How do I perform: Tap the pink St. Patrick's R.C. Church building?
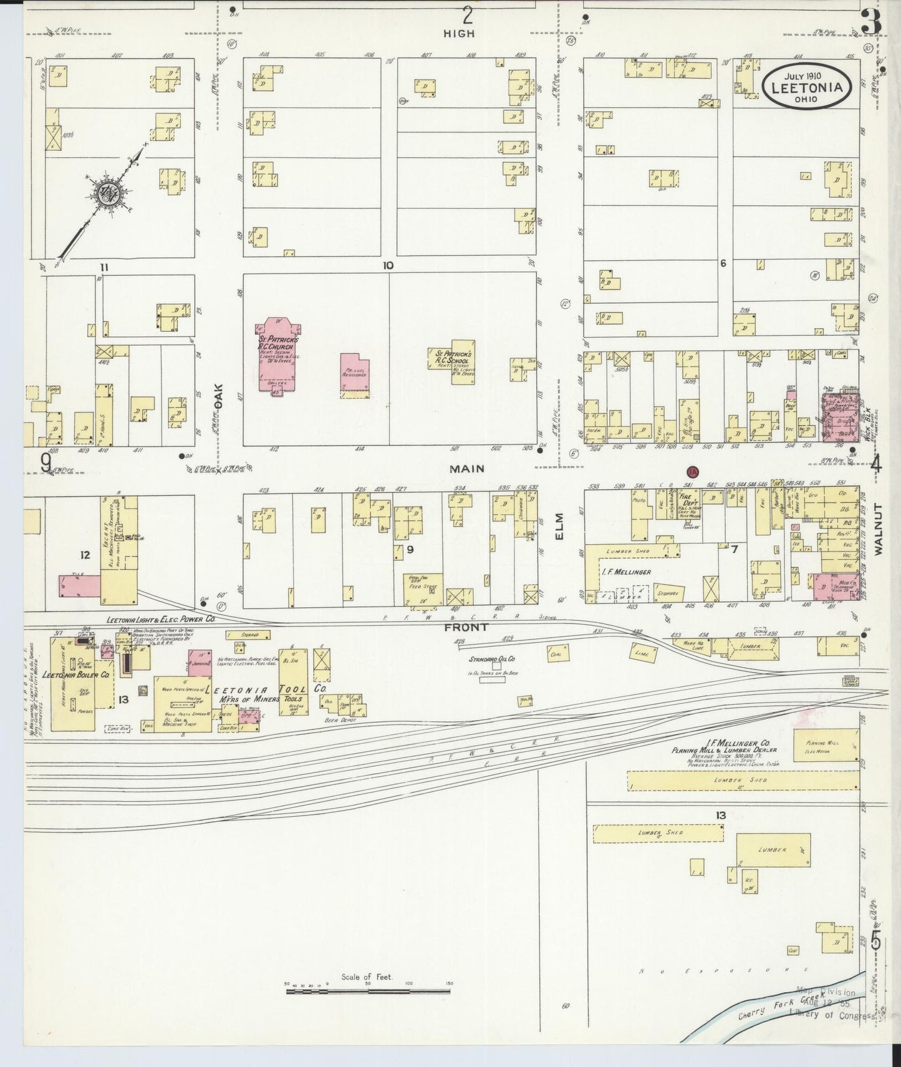pyautogui.click(x=278, y=354)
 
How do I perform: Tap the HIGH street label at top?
pyautogui.click(x=459, y=34)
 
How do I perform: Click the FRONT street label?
pyautogui.click(x=466, y=627)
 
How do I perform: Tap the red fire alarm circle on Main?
pyautogui.click(x=692, y=472)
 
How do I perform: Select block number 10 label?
pyautogui.click(x=388, y=266)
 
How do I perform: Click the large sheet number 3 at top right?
pyautogui.click(x=871, y=24)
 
